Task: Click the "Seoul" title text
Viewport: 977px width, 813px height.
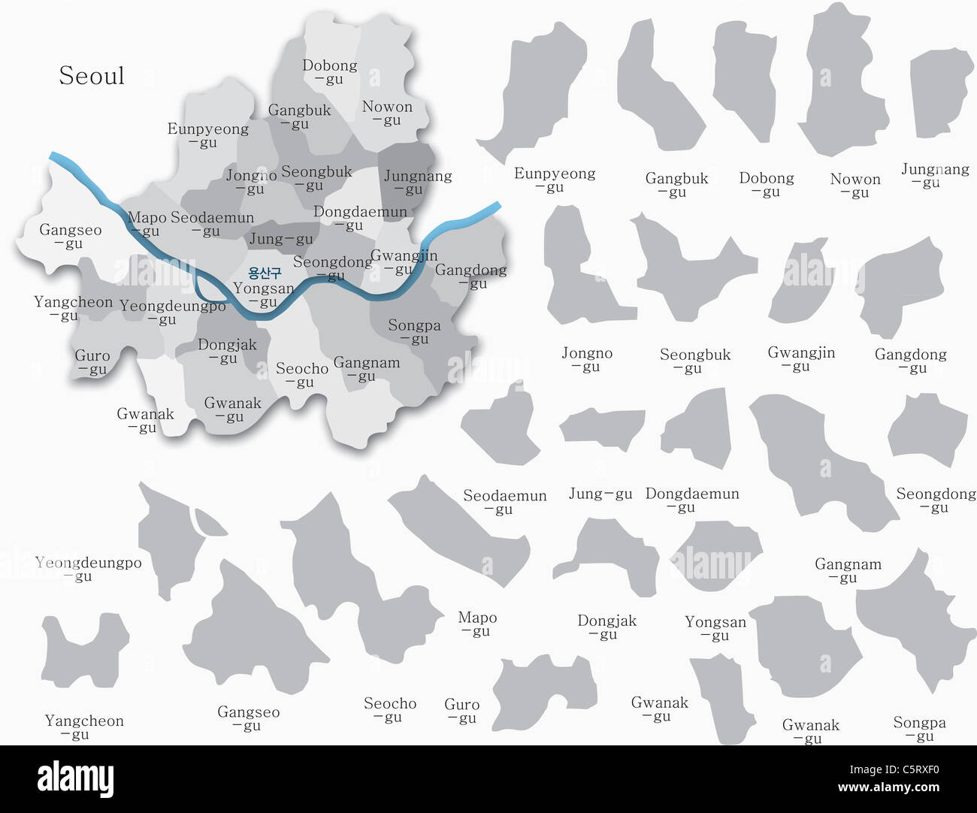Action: click(92, 76)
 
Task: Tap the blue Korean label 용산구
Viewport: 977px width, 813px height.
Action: click(265, 274)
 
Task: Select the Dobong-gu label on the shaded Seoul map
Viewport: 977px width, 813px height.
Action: click(329, 71)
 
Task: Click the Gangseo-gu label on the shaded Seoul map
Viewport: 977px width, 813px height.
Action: click(70, 236)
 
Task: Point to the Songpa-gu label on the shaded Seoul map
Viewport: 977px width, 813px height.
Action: click(414, 331)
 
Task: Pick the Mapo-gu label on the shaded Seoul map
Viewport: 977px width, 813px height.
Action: click(147, 224)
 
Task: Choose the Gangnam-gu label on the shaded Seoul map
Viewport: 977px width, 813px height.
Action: click(366, 369)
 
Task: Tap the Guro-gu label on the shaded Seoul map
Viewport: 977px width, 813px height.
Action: click(92, 362)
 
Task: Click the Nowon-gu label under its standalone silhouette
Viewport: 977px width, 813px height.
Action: click(855, 185)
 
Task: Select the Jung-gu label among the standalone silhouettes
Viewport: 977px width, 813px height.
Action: click(600, 494)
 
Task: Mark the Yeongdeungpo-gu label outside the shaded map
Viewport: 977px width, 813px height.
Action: click(88, 569)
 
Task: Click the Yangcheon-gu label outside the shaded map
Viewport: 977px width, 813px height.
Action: click(84, 727)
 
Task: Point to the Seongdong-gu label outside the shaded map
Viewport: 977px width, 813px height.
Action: click(936, 500)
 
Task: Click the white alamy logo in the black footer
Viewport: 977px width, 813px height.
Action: click(75, 778)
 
